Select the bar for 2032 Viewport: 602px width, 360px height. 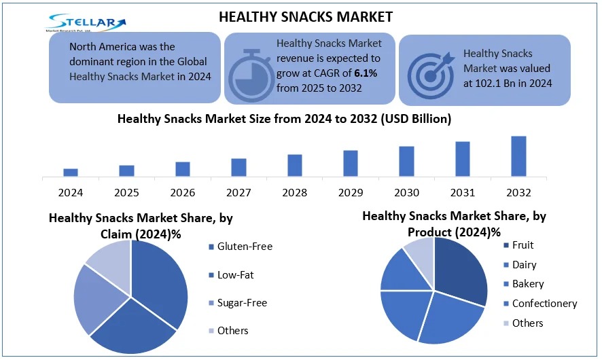tap(518, 156)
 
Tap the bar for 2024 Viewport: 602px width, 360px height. tap(71, 173)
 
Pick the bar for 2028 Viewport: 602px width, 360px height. tap(295, 166)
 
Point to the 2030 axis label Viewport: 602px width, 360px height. tap(406, 192)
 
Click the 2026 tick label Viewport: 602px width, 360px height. tap(183, 192)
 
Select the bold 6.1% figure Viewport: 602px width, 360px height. tap(366, 73)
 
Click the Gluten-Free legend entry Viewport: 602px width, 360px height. tap(241, 247)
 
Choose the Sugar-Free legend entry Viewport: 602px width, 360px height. tap(238, 303)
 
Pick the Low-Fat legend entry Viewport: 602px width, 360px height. tap(231, 275)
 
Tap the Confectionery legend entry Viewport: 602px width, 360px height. tap(541, 304)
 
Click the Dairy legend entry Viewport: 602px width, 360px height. tap(520, 265)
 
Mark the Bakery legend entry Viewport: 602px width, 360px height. tap(524, 284)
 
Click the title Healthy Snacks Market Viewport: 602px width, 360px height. tap(306, 17)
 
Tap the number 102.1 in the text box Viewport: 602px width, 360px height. tap(488, 84)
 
